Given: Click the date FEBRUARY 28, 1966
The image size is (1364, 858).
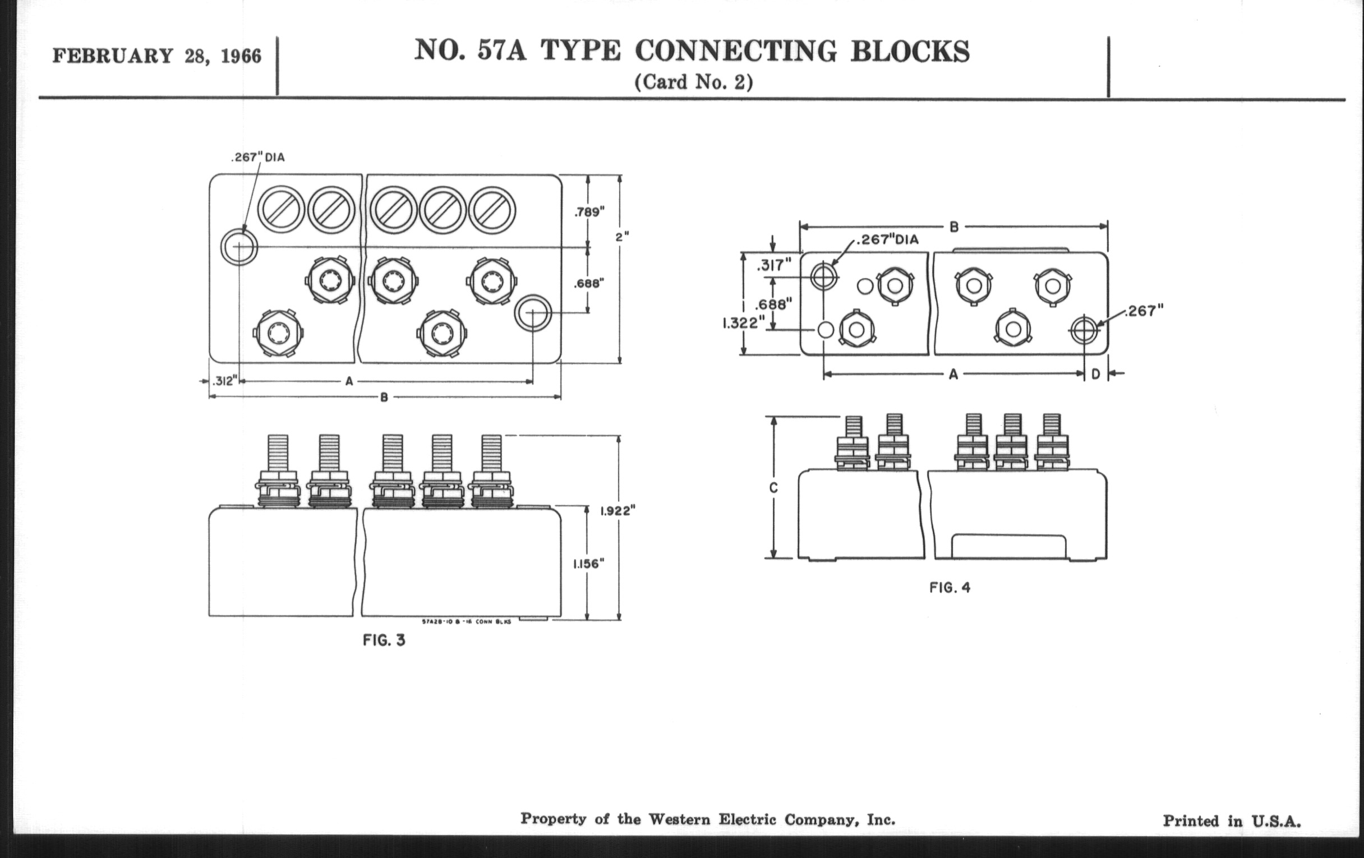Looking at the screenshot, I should pos(157,57).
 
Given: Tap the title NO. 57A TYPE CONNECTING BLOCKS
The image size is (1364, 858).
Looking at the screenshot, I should pos(692,52).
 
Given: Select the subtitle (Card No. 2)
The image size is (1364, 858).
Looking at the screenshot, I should pos(693,82).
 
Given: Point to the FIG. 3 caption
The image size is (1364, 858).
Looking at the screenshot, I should pos(384,640).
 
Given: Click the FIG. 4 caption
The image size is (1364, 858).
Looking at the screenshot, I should pos(950,588).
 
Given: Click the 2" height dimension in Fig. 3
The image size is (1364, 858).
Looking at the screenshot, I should pos(622,237).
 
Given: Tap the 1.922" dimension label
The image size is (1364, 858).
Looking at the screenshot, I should pos(618,511).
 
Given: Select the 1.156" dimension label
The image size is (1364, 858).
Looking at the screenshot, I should pos(588,564).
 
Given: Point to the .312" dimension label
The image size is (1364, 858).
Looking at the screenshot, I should pos(223,381).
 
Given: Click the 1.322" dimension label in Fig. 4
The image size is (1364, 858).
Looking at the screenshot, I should pos(743,324).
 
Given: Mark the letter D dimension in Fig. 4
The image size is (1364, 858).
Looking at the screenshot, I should pos(1095,375).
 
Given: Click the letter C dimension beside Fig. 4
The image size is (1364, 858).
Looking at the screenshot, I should pos(774,488).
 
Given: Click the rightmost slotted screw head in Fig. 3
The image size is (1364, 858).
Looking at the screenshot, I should pos(492,211).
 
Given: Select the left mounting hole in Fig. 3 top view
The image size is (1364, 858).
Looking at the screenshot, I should pos(239,247).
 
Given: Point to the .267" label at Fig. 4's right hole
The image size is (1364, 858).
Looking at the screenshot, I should pos(1144,311).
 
